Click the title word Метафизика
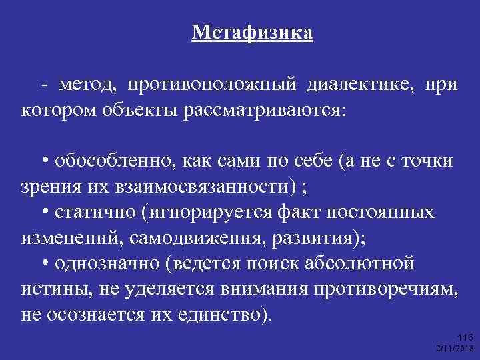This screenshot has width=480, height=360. coord(252,31)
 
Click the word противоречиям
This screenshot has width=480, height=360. coord(391,289)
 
